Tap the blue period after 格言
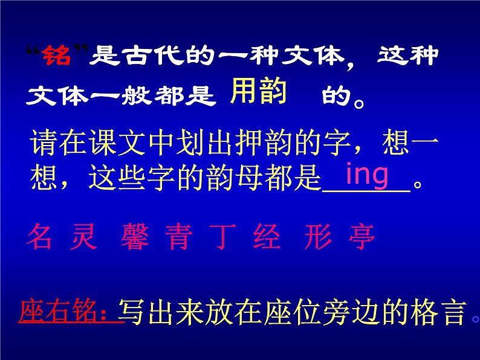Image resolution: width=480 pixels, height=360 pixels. (x=475, y=319)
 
